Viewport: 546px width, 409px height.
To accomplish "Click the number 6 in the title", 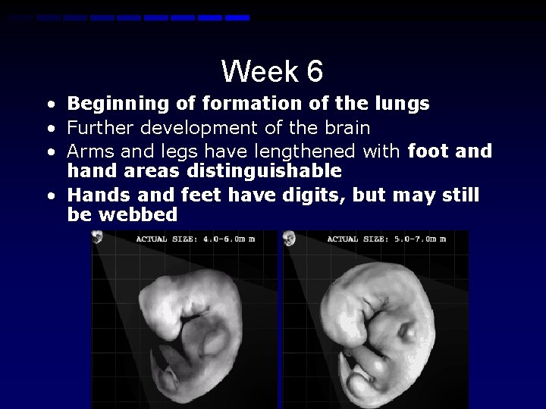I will [315, 72].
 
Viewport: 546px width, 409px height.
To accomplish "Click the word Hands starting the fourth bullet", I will [93, 196].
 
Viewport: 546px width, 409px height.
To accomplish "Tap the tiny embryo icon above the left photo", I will [97, 238].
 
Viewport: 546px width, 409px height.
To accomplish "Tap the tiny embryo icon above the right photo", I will [289, 239].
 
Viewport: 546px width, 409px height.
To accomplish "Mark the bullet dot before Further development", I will [49, 127].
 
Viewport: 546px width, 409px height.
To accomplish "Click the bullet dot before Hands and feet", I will [49, 196].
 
